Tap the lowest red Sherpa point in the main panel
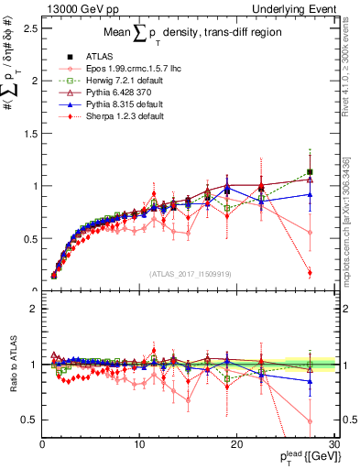pyautogui.click(x=310, y=272)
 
